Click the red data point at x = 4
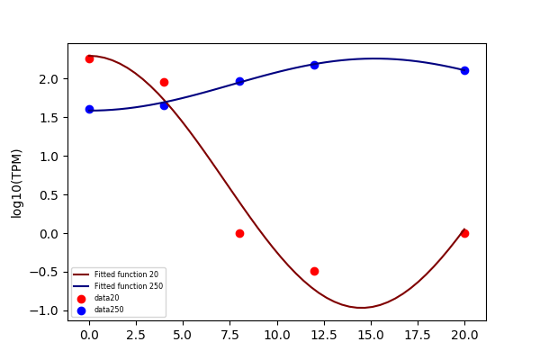pyautogui.click(x=165, y=82)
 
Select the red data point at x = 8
pyautogui.click(x=239, y=234)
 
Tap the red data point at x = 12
pyautogui.click(x=314, y=272)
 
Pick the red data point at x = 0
pyautogui.click(x=89, y=58)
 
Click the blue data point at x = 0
pyautogui.click(x=89, y=110)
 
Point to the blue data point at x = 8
pyautogui.click(x=239, y=82)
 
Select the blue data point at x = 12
pyautogui.click(x=314, y=65)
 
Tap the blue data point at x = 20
pyautogui.click(x=464, y=70)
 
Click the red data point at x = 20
pyautogui.click(x=464, y=234)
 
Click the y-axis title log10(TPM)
pyautogui.click(x=16, y=184)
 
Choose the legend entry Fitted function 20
pyautogui.click(x=126, y=274)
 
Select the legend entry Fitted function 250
pyautogui.click(x=129, y=286)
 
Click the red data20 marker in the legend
pyautogui.click(x=81, y=299)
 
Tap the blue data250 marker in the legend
pyautogui.click(x=81, y=310)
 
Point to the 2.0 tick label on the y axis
pyautogui.click(x=49, y=79)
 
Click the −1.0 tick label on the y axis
pyautogui.click(x=43, y=311)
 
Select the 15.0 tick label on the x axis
pyautogui.click(x=371, y=335)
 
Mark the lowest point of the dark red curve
pyautogui.click(x=362, y=308)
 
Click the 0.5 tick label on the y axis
pyautogui.click(x=49, y=195)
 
